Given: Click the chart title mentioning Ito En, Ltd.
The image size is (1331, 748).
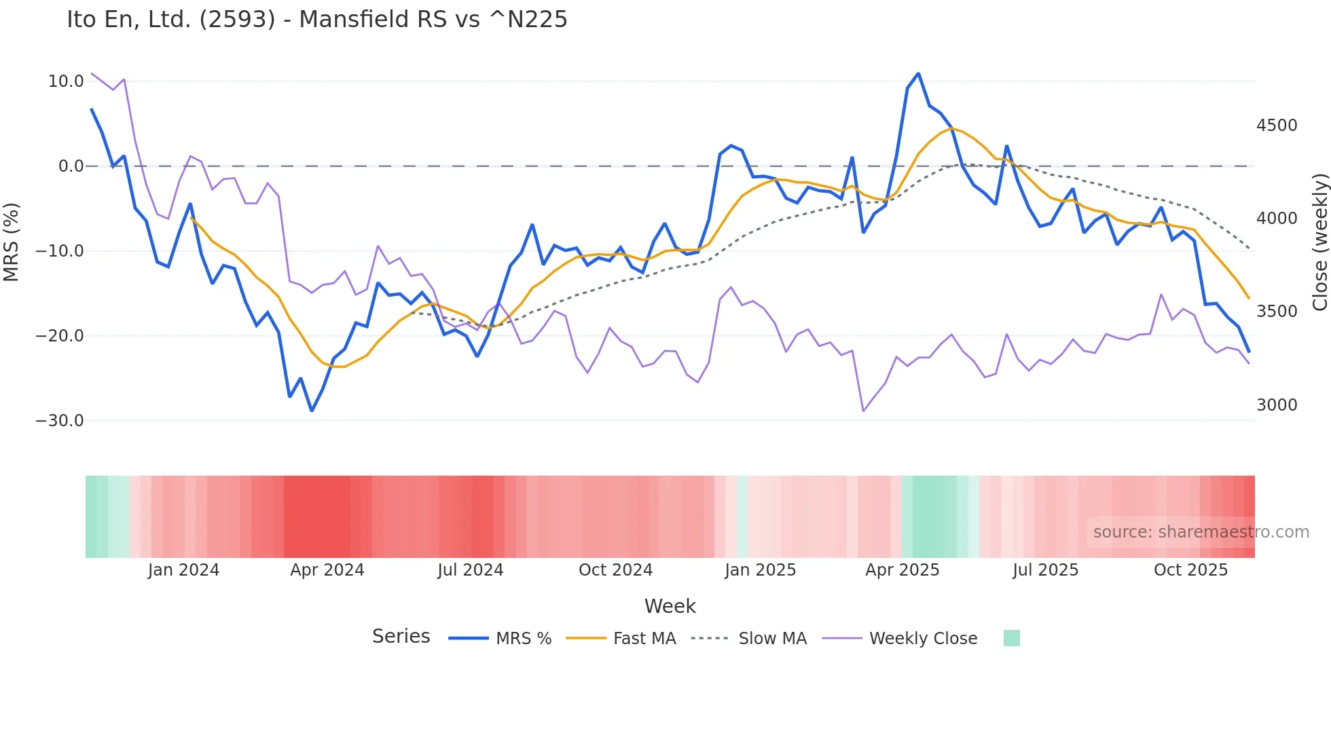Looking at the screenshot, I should click(x=316, y=20).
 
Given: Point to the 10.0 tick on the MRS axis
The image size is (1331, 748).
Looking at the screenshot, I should click(x=66, y=81).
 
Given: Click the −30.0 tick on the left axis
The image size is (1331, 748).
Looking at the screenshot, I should click(x=60, y=421).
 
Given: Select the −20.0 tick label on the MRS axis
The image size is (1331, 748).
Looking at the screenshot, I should click(x=60, y=336).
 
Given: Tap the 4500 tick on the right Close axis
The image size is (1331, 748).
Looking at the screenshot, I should click(x=1277, y=126).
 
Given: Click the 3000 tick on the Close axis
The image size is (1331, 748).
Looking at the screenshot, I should click(x=1277, y=405).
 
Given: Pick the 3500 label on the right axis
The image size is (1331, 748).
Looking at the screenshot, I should click(x=1277, y=312).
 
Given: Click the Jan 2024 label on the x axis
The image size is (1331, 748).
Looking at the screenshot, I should click(x=183, y=570).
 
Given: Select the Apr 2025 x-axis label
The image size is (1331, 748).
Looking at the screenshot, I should click(x=902, y=570).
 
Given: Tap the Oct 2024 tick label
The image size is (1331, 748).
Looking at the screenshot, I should click(x=615, y=570).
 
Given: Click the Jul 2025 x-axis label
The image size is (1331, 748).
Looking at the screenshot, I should click(x=1045, y=570).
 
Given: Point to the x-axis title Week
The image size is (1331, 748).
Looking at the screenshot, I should click(x=670, y=606).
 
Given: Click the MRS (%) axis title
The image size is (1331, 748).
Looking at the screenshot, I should click(x=12, y=242).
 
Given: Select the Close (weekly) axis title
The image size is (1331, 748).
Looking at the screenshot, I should click(x=1319, y=242).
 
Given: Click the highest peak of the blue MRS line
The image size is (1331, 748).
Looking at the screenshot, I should click(x=918, y=73).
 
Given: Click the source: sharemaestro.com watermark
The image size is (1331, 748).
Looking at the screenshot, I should click(x=1201, y=532).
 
